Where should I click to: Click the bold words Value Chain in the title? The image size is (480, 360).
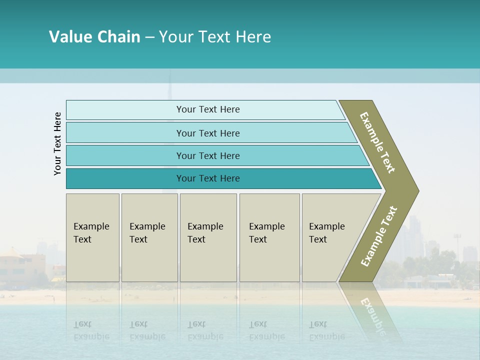click(x=94, y=37)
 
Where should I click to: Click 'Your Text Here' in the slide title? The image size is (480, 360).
click(x=215, y=37)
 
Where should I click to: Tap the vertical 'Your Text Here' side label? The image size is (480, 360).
click(x=57, y=143)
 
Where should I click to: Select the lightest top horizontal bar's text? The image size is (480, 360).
click(x=208, y=109)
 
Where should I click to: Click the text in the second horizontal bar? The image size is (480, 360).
click(x=208, y=133)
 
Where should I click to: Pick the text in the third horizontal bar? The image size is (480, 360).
click(x=208, y=155)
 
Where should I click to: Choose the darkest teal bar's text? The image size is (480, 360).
click(x=208, y=178)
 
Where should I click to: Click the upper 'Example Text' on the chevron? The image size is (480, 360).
click(x=377, y=142)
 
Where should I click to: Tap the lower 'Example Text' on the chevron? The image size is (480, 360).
click(x=379, y=236)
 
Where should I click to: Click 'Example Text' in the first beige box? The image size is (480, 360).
click(x=91, y=232)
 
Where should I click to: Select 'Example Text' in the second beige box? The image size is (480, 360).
click(x=147, y=232)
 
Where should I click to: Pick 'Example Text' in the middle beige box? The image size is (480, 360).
click(x=205, y=232)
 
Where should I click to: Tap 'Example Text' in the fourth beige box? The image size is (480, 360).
click(x=266, y=232)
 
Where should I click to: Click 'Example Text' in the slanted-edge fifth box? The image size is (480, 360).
click(x=326, y=232)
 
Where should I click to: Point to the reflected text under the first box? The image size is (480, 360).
click(x=91, y=330)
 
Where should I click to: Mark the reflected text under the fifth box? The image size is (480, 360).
click(x=326, y=330)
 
